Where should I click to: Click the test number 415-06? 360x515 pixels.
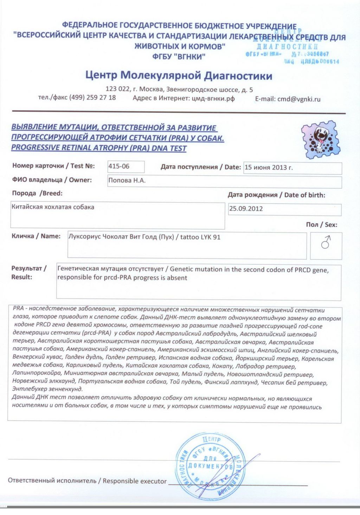(119, 167)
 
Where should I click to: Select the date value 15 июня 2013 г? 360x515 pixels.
(269, 168)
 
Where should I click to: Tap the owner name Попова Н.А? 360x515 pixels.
(127, 181)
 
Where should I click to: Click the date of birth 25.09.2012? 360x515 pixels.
(246, 209)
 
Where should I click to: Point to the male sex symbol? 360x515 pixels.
(326, 242)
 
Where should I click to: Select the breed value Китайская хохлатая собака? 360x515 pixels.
(53, 207)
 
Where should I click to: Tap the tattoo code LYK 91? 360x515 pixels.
(210, 237)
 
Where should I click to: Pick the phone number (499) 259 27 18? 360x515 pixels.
(92, 98)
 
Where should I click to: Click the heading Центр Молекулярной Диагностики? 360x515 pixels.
(179, 76)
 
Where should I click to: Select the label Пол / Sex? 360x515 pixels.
(321, 225)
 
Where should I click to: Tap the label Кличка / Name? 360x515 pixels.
(36, 236)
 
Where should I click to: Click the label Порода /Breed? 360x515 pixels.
(37, 193)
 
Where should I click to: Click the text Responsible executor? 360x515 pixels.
(135, 481)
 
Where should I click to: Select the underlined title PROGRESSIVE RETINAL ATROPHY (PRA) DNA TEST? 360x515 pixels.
(99, 148)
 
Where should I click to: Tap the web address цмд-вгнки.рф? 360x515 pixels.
(213, 99)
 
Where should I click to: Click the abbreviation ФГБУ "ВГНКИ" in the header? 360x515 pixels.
(179, 57)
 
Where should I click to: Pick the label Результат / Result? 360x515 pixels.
(29, 273)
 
